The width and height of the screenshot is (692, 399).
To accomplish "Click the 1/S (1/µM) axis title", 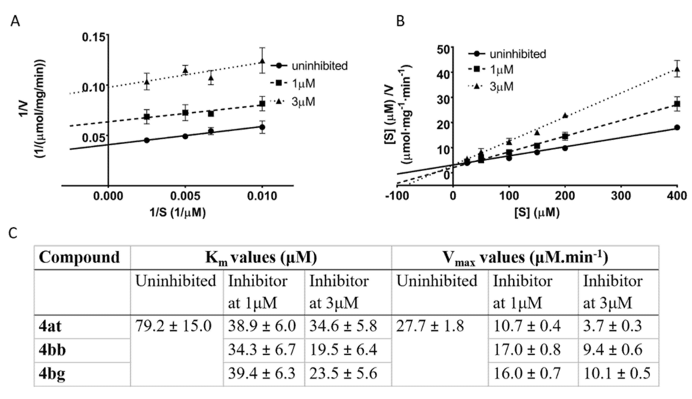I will click(x=177, y=213).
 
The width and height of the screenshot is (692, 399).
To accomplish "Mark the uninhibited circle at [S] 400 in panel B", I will click(x=677, y=127).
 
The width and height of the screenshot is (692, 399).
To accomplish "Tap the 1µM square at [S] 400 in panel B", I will click(x=677, y=104).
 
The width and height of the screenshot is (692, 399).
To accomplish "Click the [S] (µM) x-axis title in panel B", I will click(x=537, y=213).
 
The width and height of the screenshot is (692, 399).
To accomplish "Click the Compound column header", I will click(x=79, y=258).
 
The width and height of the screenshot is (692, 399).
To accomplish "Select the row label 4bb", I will click(x=52, y=350).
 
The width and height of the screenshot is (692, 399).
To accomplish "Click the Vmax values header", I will click(x=525, y=258).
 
